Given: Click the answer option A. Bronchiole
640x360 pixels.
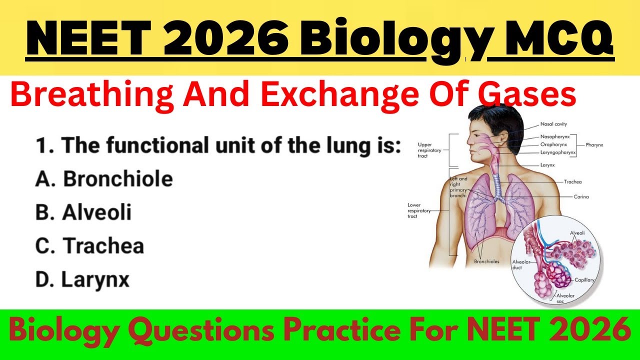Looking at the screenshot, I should tap(104, 179).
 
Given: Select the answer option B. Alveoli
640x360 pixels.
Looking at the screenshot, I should tap(83, 212).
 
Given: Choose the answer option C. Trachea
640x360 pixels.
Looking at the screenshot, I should tap(89, 246).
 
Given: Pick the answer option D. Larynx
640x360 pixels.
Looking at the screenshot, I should tap(82, 279).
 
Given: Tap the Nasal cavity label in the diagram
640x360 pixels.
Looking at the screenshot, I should tap(553, 124).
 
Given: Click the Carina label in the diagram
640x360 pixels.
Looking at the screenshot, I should tap(581, 196).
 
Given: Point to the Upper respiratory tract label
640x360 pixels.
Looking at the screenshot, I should tap(428, 149).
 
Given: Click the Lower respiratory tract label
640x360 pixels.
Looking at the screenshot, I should tap(419, 210).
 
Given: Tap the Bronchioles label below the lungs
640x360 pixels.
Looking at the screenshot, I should tap(486, 261).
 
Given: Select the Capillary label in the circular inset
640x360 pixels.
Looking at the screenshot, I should tap(583, 280).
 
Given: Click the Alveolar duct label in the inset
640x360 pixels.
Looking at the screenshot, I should tap(521, 264).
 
